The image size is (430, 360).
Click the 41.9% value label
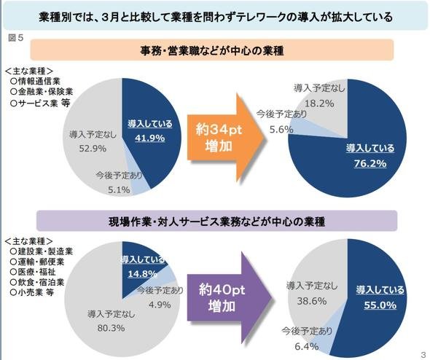coord(149,138)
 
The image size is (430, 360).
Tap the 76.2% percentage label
coord(370,164)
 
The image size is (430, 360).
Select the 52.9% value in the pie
coord(93,149)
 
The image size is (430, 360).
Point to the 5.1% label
coord(119,189)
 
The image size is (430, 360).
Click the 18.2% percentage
coord(319,103)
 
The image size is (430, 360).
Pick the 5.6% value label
coord(281,129)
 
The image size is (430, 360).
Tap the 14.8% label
coord(142,273)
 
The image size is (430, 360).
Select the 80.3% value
coord(111,328)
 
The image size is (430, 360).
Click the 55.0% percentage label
coord(380,305)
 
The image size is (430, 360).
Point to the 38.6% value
coord(312,301)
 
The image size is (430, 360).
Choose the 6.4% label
coord(307,347)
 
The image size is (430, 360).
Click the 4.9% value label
coord(160,305)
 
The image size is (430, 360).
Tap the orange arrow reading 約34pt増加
coord(225,137)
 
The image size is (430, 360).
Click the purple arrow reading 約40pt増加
coord(229,298)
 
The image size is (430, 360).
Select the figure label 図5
coord(16,38)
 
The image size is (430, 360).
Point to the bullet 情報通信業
coord(35,81)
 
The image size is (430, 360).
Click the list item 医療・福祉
coord(33,272)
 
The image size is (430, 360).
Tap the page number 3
coord(423,353)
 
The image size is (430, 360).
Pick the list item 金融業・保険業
coord(42,92)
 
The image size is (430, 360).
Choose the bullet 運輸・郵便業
coord(37,262)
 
